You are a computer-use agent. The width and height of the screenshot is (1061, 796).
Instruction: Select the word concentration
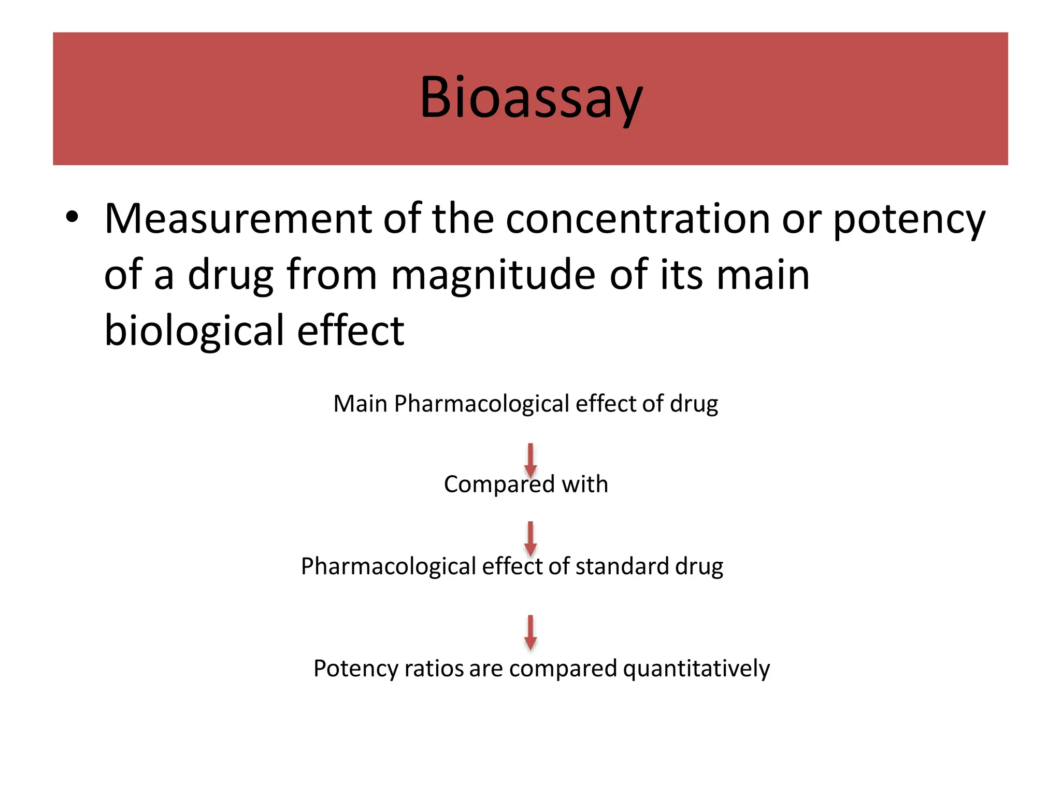pyautogui.click(x=638, y=219)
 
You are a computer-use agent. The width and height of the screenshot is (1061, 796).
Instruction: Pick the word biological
pyautogui.click(x=194, y=332)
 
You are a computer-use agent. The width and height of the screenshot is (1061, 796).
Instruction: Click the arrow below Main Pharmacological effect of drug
pyautogui.click(x=530, y=459)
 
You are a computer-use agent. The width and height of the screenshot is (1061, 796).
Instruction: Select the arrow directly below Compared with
pyautogui.click(x=530, y=538)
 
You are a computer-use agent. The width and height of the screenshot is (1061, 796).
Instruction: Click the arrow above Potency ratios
pyautogui.click(x=530, y=632)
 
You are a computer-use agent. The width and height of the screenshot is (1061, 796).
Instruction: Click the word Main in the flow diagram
pyautogui.click(x=360, y=404)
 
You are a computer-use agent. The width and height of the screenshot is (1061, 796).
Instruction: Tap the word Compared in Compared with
pyautogui.click(x=499, y=485)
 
